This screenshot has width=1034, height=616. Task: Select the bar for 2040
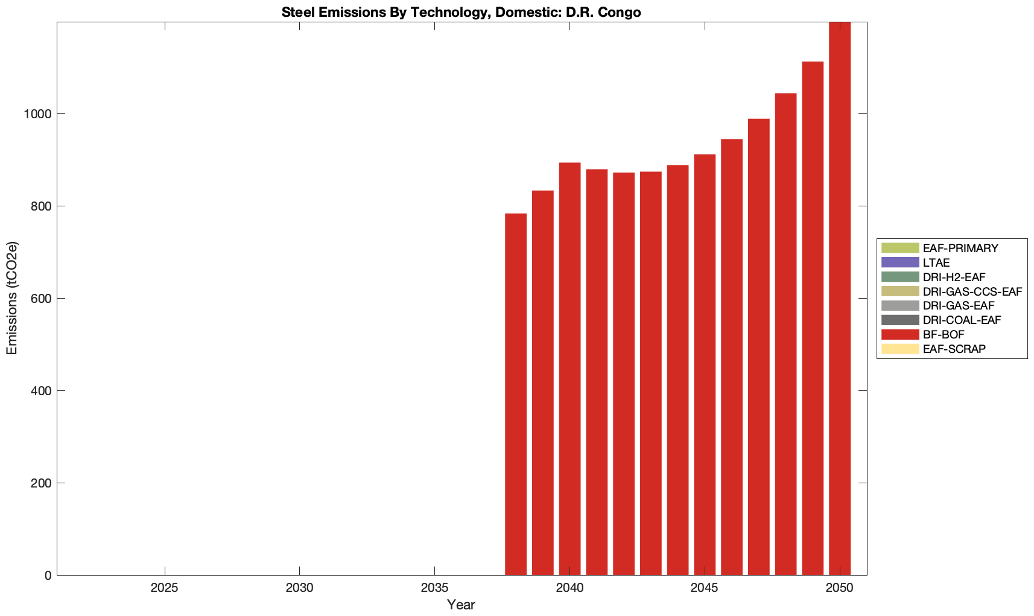[569, 369]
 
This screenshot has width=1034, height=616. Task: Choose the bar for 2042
[624, 373]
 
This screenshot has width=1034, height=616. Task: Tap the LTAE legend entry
[936, 263]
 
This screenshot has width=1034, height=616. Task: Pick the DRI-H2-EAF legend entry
[954, 278]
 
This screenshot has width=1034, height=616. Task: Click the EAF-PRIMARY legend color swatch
[899, 248]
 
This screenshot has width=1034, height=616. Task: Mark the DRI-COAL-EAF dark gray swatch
[899, 320]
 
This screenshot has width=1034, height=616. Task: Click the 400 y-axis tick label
[40, 391]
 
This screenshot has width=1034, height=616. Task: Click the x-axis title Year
[461, 605]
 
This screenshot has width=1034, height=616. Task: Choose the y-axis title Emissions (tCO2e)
[12, 298]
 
